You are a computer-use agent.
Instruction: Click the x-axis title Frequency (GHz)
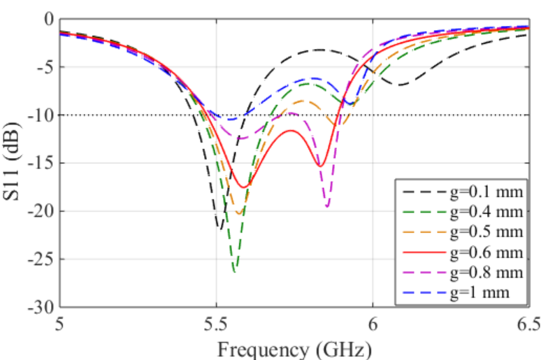coord(294,347)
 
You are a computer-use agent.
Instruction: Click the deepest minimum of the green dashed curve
coord(235,271)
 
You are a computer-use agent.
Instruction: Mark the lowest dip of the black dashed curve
coord(219,228)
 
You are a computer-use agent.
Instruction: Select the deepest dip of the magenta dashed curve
coord(327,207)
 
